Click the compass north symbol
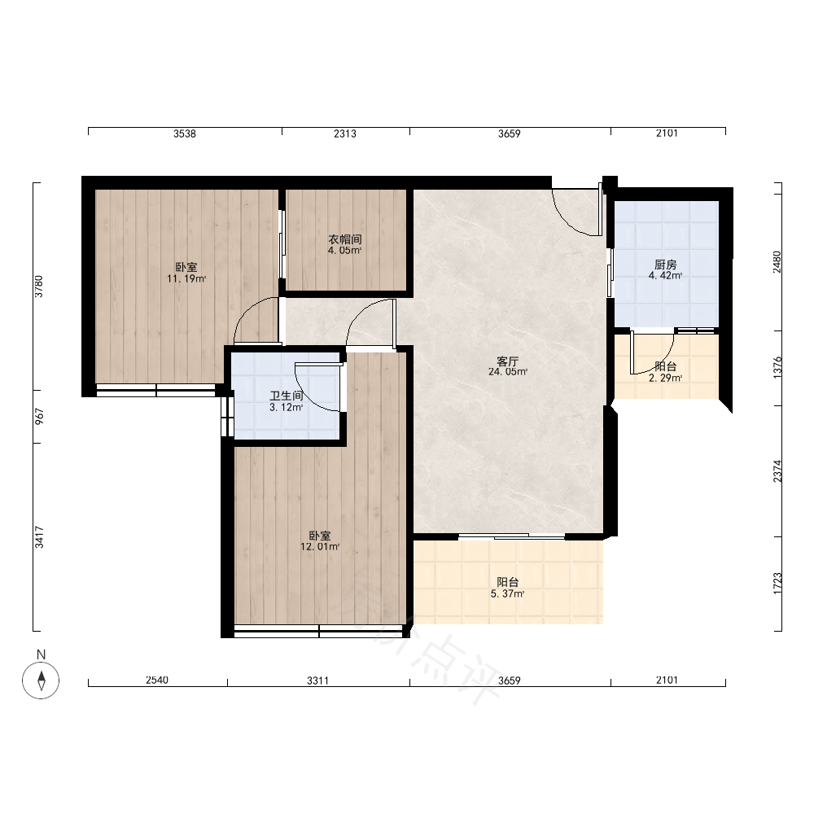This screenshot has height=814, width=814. (41, 680)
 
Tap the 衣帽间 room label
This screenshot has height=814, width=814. (344, 239)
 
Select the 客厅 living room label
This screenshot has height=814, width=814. (508, 361)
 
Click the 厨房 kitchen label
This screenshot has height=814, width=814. (666, 265)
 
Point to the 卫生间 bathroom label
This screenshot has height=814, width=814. (286, 396)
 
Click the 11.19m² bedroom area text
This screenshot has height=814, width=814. (186, 278)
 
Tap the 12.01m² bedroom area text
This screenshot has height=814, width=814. (320, 547)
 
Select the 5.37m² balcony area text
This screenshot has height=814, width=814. (507, 594)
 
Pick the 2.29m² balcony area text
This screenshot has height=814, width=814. (666, 378)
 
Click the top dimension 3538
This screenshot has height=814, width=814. (185, 134)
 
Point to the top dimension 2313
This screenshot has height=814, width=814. (345, 134)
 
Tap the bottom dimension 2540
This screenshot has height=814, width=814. (157, 680)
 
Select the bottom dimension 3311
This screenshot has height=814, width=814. (317, 680)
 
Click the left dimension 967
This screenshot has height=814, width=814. (39, 416)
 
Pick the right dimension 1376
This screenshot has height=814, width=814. (777, 368)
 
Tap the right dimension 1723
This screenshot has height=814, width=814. (777, 584)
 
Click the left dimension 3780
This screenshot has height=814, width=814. (39, 287)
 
